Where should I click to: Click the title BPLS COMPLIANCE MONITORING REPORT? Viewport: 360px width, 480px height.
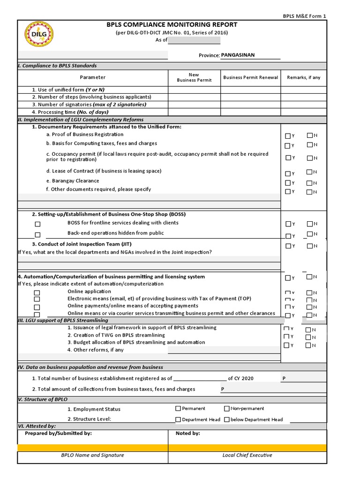[172, 24]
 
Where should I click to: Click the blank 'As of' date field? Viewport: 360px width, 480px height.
[194, 40]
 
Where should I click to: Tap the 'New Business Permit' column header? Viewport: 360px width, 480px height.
[194, 77]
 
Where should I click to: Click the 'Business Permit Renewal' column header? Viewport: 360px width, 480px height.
[250, 77]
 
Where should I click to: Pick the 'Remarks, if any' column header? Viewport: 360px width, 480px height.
[304, 77]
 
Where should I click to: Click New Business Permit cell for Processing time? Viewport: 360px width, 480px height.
[194, 112]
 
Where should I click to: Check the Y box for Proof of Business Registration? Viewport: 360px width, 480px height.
[288, 136]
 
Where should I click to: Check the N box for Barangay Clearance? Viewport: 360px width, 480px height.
[309, 183]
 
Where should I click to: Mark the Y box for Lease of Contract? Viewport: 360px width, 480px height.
[288, 173]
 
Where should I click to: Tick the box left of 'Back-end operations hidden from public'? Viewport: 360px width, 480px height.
[37, 235]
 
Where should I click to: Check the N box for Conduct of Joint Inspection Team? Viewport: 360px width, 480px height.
[309, 246]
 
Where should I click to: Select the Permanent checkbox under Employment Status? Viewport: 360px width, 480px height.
[178, 409]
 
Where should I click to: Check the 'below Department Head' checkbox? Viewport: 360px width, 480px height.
[227, 420]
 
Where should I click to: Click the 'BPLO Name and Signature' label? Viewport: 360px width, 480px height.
[92, 455]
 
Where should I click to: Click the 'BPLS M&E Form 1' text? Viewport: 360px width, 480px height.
[304, 16]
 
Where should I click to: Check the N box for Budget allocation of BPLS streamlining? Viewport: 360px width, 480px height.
[308, 345]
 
